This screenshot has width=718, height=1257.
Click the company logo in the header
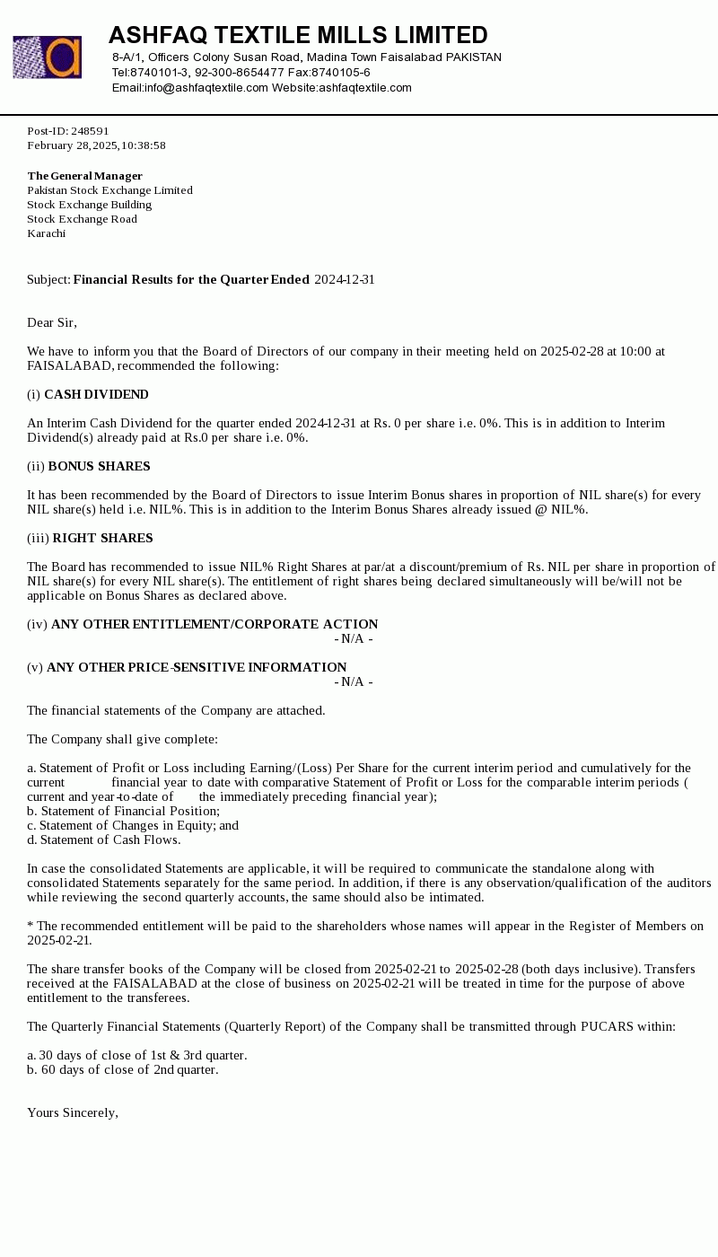[x=47, y=57]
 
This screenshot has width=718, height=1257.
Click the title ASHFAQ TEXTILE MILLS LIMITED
[x=298, y=35]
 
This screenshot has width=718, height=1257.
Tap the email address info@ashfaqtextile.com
[x=206, y=88]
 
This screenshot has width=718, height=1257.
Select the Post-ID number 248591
[x=90, y=131]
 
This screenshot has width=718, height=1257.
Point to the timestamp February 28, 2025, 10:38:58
[x=96, y=145]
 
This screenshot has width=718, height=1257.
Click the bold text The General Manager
[x=84, y=176]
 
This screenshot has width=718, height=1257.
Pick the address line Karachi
[x=46, y=233]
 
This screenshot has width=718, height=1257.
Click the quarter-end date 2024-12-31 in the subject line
[x=345, y=279]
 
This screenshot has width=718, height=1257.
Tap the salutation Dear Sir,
[x=52, y=322]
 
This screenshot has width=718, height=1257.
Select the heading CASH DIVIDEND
[x=96, y=394]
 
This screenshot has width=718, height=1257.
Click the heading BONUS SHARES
[x=99, y=466]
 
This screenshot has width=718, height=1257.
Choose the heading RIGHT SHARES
[x=102, y=538]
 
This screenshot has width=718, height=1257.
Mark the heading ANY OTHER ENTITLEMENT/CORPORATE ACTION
[x=215, y=624]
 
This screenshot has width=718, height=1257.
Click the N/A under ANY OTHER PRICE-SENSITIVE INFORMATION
[x=354, y=681]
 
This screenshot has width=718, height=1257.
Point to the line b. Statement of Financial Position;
[x=123, y=811]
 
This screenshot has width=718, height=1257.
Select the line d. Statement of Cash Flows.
[x=103, y=839]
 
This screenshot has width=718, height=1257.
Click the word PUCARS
[x=607, y=1026]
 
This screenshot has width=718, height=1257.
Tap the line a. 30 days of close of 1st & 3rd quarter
[x=136, y=1055]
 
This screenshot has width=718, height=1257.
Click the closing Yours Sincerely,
[x=73, y=1112]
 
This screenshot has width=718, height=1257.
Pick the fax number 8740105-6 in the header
[x=341, y=73]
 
